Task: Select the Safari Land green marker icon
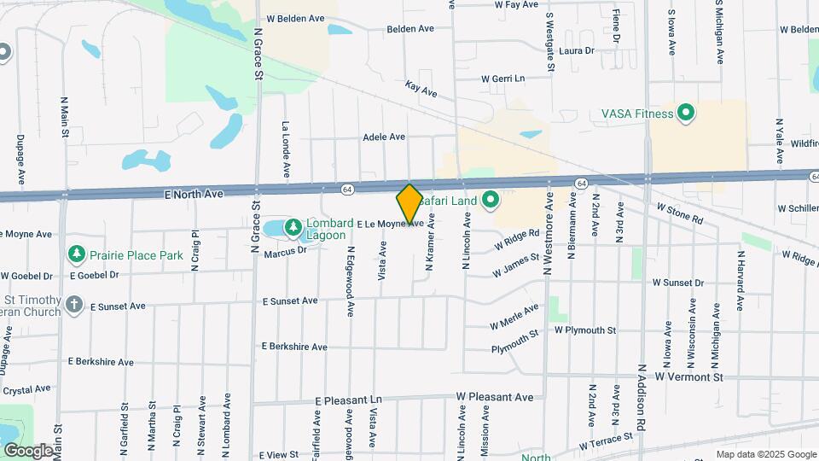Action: (491, 201)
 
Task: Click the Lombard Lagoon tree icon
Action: (293, 227)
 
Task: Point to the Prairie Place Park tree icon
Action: (78, 254)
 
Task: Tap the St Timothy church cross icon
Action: (75, 304)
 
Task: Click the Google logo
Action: (27, 450)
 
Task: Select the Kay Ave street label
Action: (421, 88)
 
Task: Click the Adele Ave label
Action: (384, 137)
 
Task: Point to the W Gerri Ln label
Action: (502, 78)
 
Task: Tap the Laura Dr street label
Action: (577, 51)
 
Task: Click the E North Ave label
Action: (195, 195)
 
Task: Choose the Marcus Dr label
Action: (285, 251)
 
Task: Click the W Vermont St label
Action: (688, 376)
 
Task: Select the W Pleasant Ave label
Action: (495, 397)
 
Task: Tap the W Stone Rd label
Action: (680, 214)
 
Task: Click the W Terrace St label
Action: (607, 441)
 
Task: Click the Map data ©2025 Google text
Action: (766, 454)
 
